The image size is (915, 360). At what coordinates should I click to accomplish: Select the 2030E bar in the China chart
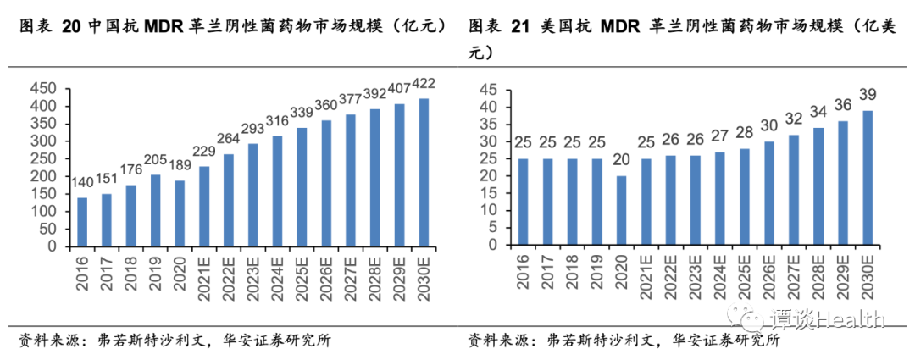click(424, 173)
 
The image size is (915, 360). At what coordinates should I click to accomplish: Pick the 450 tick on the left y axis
click(42, 89)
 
